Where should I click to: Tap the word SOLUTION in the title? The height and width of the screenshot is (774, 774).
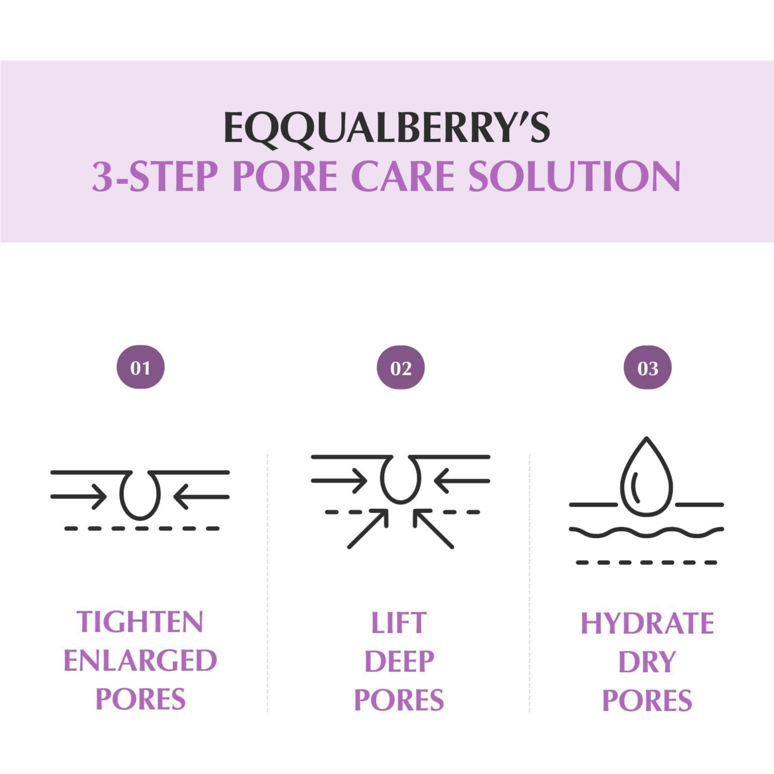click(x=574, y=176)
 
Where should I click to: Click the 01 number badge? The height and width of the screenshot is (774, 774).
click(x=140, y=367)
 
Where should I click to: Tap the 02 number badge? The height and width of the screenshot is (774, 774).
click(x=401, y=367)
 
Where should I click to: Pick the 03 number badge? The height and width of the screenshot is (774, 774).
click(x=647, y=367)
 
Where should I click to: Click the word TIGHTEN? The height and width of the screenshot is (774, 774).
click(x=140, y=622)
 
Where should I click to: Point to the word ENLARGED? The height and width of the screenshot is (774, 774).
click(x=140, y=660)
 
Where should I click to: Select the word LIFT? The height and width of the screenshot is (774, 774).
click(x=399, y=623)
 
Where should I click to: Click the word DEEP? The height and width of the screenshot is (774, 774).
click(x=399, y=662)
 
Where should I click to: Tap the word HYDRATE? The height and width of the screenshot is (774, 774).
click(x=647, y=623)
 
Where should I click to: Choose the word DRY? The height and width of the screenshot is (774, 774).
click(x=647, y=662)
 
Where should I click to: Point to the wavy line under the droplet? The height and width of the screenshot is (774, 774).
click(x=647, y=532)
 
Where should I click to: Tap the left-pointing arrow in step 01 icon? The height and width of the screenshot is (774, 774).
click(x=201, y=497)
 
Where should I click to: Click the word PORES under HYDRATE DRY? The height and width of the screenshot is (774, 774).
click(x=647, y=701)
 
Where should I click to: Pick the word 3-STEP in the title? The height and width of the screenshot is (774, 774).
click(x=155, y=176)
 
